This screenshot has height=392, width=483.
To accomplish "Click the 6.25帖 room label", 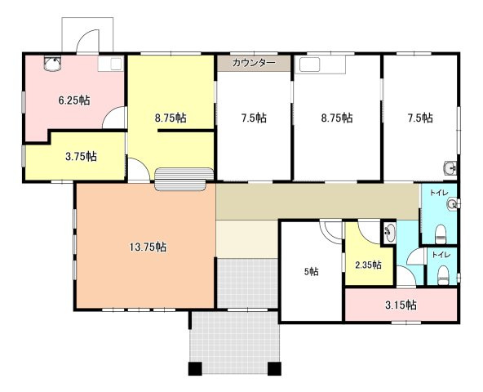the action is pyautogui.click(x=74, y=100).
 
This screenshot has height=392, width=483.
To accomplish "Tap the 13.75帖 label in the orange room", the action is pyautogui.click(x=148, y=247).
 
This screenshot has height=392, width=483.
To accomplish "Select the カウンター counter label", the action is pyautogui.click(x=254, y=63).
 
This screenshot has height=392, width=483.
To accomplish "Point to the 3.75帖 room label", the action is pyautogui.click(x=81, y=157).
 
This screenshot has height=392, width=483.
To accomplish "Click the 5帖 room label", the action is pyautogui.click(x=312, y=272).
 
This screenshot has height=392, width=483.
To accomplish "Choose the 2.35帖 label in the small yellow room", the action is pyautogui.click(x=368, y=265).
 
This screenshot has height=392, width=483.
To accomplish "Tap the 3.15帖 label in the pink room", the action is pyautogui.click(x=401, y=305).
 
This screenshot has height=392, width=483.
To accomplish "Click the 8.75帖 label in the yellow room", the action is pyautogui.click(x=171, y=118).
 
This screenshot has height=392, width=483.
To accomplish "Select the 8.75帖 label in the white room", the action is pyautogui.click(x=337, y=118).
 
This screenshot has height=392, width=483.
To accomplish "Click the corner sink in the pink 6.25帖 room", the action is pyautogui.click(x=51, y=64).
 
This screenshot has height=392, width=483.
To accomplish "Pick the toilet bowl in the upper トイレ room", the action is pyautogui.click(x=441, y=234).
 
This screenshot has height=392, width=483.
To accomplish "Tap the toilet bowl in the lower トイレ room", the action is pyautogui.click(x=443, y=275).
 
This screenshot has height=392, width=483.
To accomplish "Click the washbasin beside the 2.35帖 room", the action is pyautogui.click(x=390, y=232).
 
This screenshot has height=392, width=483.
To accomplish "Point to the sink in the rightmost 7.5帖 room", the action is pyautogui.click(x=450, y=168).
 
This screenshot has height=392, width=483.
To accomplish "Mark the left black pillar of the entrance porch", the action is pyautogui.click(x=195, y=369).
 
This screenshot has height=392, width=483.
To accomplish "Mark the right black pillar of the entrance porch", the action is pyautogui.click(x=274, y=369).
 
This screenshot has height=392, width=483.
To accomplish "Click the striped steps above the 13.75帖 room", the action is pyautogui.click(x=184, y=179).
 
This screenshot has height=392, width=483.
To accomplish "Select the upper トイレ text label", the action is pyautogui.click(x=439, y=193).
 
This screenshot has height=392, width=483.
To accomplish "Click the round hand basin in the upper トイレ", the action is pyautogui.click(x=452, y=204).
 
